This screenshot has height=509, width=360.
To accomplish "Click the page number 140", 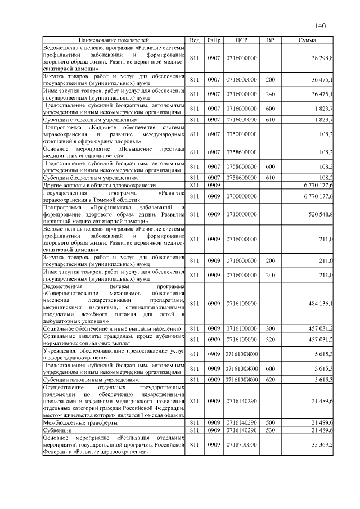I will [x=321, y=26].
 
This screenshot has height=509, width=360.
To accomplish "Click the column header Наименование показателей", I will [x=114, y=40].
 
